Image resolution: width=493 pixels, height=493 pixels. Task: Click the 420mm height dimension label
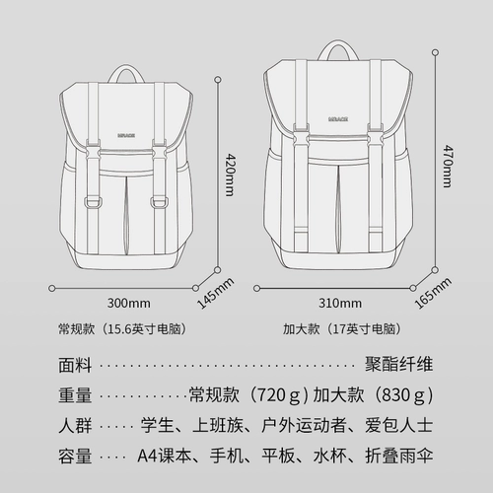[229, 175]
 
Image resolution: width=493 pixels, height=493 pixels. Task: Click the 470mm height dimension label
[448, 166]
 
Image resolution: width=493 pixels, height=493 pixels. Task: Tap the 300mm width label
[129, 303]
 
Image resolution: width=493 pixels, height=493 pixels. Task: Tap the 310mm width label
[340, 303]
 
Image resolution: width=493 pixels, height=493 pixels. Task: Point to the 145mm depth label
[216, 293]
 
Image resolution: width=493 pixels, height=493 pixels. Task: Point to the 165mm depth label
[433, 293]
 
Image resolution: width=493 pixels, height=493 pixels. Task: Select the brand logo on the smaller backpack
[126, 135]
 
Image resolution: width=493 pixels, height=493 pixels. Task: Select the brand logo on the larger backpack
[338, 119]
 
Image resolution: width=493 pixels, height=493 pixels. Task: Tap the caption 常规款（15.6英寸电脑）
[122, 329]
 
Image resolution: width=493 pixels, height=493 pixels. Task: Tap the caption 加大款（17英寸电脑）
[342, 329]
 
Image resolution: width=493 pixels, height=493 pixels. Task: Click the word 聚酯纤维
[398, 364]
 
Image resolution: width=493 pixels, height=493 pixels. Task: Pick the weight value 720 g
[277, 394]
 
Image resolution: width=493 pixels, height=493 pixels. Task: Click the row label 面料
[75, 365]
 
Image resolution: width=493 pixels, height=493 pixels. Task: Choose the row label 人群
[75, 426]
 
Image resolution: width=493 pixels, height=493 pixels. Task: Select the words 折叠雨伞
[398, 456]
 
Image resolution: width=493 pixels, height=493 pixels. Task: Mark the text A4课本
[165, 456]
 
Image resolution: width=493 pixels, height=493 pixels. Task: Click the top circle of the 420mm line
[218, 80]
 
